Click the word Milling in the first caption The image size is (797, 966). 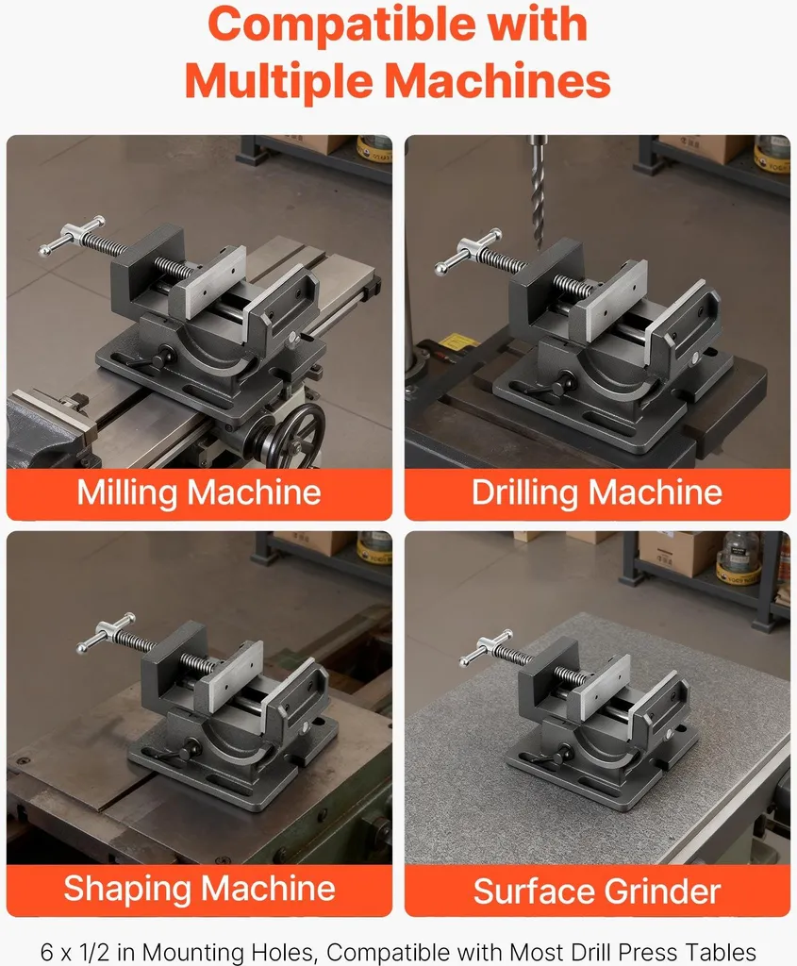tap(127, 492)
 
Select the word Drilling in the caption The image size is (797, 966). tap(525, 492)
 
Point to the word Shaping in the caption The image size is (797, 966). tap(128, 889)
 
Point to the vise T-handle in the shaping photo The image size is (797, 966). tap(106, 633)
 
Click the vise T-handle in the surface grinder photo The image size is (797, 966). tap(486, 647)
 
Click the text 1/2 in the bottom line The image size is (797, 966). tap(93, 952)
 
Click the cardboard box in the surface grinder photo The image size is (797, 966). tap(677, 551)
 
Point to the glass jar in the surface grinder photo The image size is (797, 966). tap(739, 557)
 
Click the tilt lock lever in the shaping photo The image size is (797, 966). tap(178, 752)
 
